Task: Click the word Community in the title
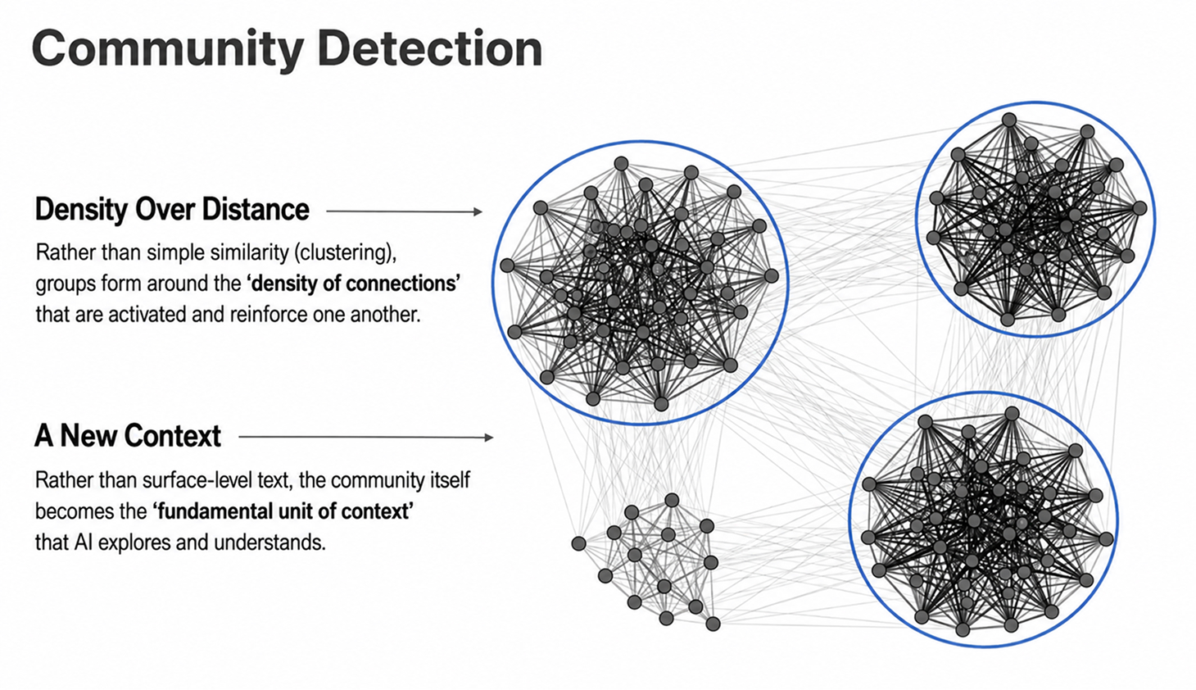(167, 50)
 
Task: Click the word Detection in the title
(430, 48)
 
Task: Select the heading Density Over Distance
(172, 209)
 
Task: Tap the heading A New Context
(128, 436)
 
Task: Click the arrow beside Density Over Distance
(404, 211)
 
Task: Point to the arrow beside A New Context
(365, 438)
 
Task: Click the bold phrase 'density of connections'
(353, 283)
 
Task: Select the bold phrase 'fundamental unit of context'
(283, 511)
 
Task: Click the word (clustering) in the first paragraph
(345, 252)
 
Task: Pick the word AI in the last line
(84, 542)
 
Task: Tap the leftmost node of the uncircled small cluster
(579, 543)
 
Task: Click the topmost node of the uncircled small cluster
(672, 501)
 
